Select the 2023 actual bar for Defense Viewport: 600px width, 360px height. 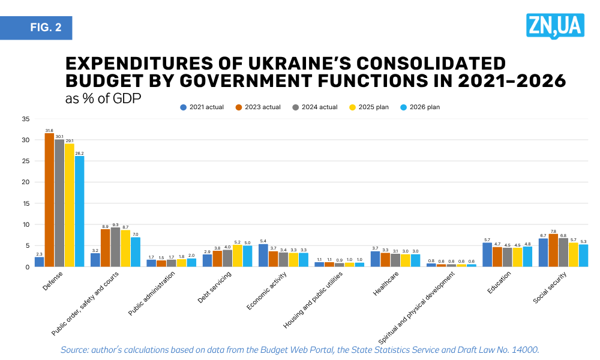coord(49,200)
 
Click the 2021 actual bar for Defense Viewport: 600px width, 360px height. coord(39,262)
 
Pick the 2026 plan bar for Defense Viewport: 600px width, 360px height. coord(79,211)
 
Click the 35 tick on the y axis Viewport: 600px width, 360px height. coord(25,119)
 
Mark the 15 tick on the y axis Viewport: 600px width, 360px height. coord(25,203)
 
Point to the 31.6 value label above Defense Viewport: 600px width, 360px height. coord(49,130)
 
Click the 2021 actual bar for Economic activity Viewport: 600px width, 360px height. coord(263,255)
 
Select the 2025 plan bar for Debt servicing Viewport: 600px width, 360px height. coord(237,256)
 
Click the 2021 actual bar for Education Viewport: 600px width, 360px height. coord(487,254)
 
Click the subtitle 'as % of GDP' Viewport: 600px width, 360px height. coord(103,98)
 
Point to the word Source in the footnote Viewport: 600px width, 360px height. coord(75,349)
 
